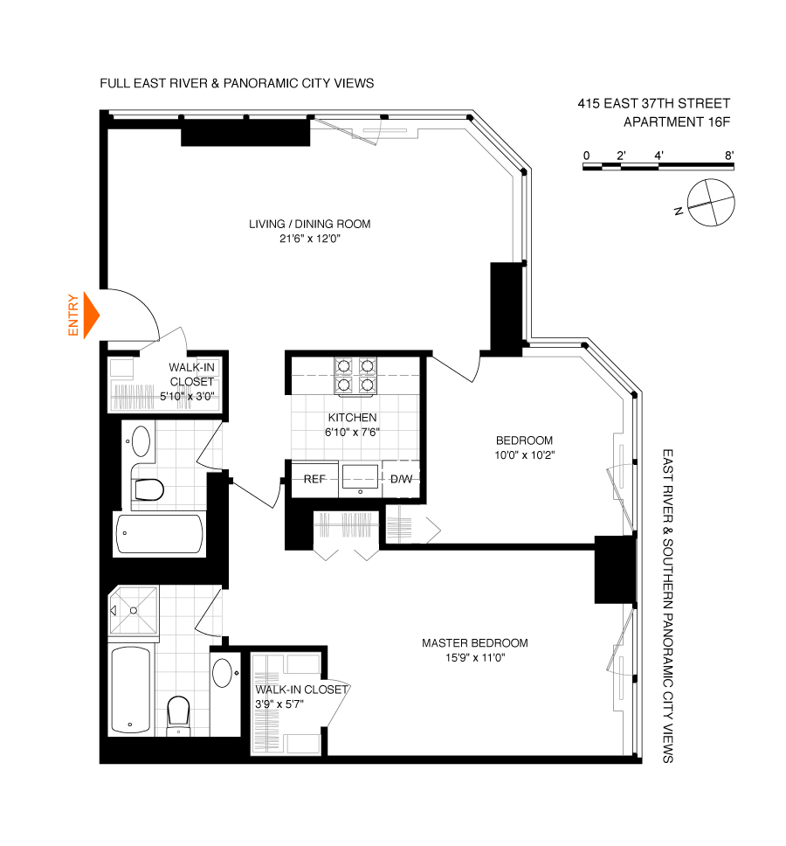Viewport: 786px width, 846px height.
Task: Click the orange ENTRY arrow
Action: pos(91,315)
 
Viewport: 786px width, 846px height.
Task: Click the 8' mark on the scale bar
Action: pos(728,156)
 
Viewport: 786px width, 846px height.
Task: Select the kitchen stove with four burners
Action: pos(356,376)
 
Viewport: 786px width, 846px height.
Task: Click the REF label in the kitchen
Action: pos(314,479)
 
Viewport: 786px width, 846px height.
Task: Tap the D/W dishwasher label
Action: pos(401,479)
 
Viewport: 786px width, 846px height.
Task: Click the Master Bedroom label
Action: pos(474,643)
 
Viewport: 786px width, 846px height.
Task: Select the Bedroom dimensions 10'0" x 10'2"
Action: pos(523,454)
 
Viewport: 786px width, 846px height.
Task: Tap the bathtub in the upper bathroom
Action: pos(160,534)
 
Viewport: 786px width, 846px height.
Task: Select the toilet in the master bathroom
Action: pos(179,711)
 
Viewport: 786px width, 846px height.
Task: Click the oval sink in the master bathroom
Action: pos(223,675)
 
